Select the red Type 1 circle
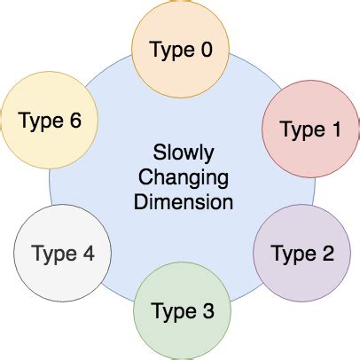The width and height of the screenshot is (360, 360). pos(309,129)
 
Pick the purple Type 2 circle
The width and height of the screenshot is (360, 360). pos(302,254)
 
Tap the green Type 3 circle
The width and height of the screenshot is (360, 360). pos(182,311)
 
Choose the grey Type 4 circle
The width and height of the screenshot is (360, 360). pos(61,254)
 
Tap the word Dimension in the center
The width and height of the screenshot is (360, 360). pos(184,201)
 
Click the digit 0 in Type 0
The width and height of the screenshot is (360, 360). pos(207,50)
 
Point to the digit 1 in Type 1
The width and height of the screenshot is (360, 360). pos(334,130)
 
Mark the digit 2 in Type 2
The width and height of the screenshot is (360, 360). pos(327,255)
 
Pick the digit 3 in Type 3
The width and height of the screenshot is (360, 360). pos(207,311)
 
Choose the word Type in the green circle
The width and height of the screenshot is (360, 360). pos(171,313)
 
